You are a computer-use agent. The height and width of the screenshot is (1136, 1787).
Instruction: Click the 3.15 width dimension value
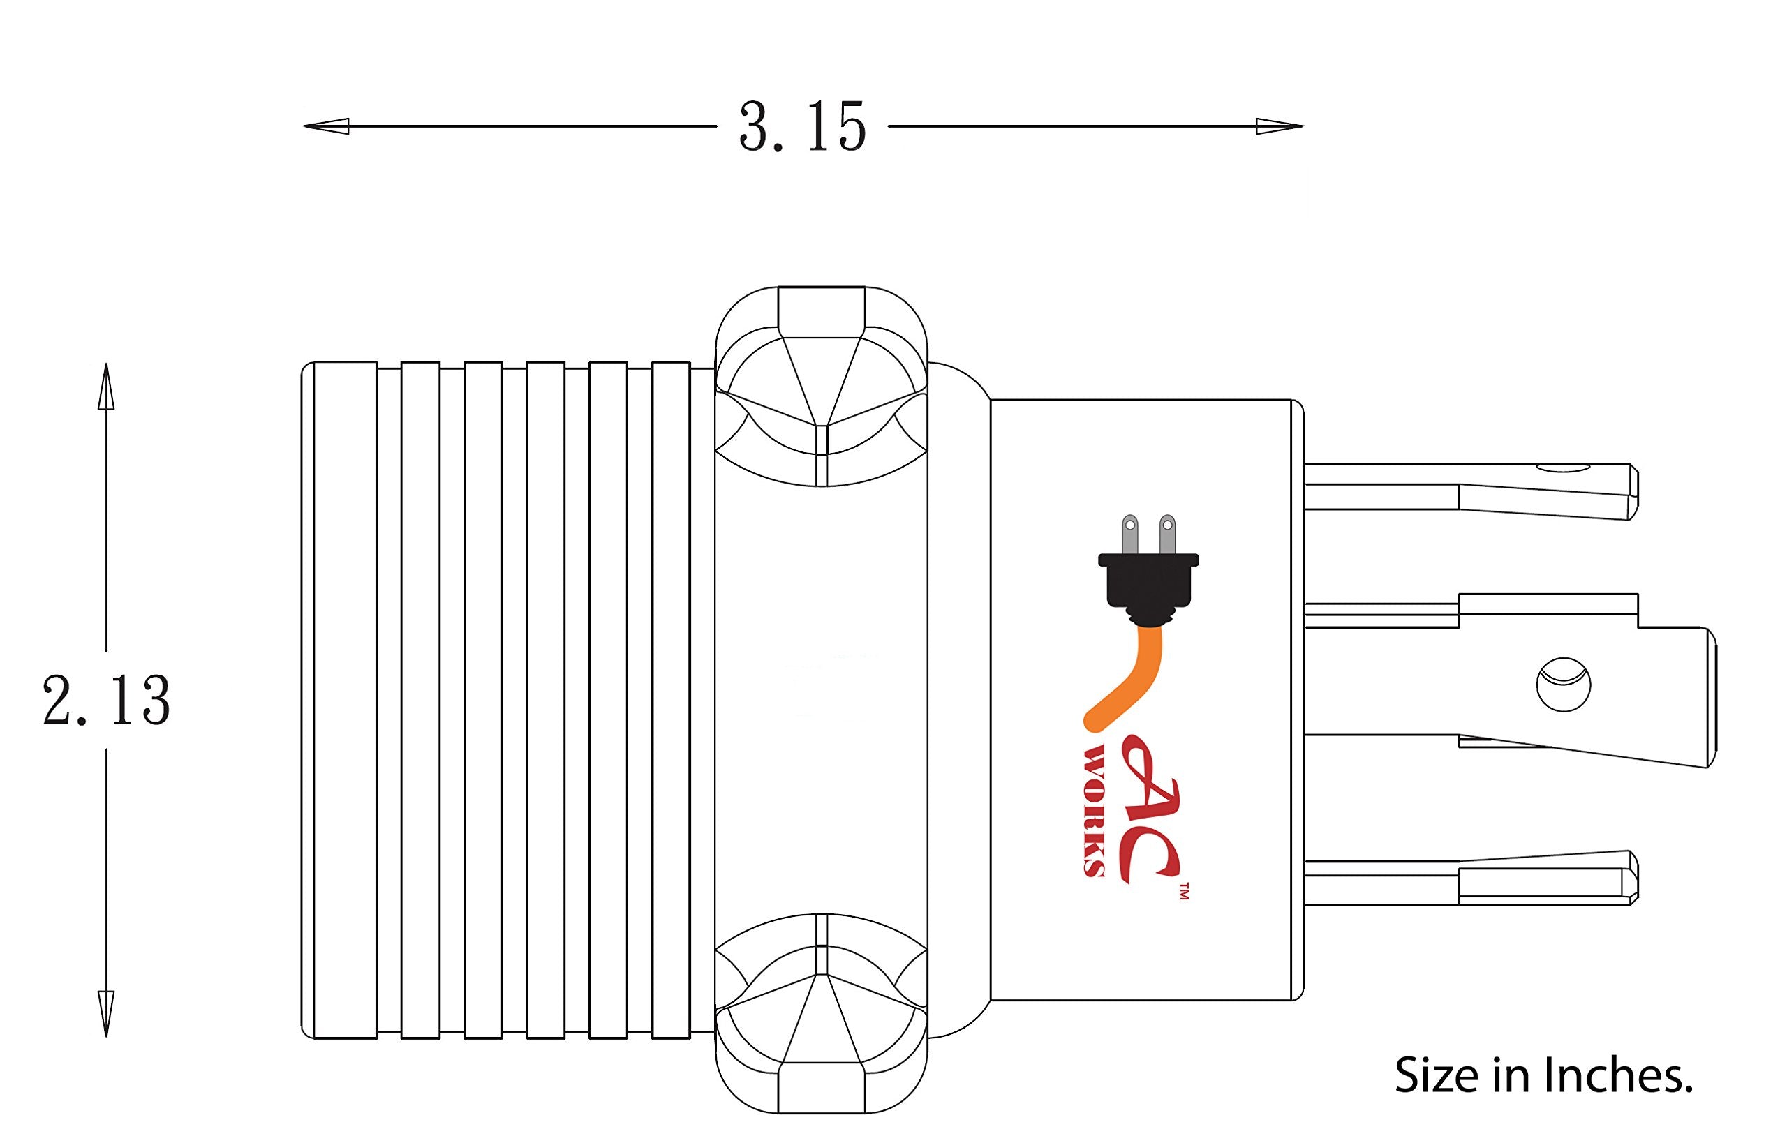tap(802, 127)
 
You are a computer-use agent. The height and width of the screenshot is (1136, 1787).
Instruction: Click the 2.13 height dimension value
tap(106, 701)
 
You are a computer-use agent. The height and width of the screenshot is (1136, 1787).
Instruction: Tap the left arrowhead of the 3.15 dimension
tap(327, 126)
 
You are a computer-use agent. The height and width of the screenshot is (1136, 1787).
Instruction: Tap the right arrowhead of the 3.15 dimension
tap(1280, 126)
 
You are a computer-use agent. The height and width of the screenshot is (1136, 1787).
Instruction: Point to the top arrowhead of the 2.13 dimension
tap(106, 386)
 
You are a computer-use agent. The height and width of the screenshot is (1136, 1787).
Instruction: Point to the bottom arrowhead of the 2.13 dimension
tap(106, 1014)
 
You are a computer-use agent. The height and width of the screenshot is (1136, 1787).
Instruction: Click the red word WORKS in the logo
tap(1095, 812)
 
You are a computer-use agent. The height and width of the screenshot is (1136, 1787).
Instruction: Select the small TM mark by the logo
tap(1184, 890)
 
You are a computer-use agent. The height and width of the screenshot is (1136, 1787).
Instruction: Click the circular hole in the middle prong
tap(1563, 684)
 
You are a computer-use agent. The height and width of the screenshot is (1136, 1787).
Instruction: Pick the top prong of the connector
tap(1471, 491)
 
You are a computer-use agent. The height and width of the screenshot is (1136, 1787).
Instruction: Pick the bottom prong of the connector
tap(1471, 878)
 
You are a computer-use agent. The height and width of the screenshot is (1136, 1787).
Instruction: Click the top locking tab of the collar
tap(821, 386)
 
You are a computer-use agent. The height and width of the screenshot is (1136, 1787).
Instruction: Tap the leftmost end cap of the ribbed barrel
tap(339, 701)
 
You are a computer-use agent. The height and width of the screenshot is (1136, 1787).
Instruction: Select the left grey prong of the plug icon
tap(1129, 535)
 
